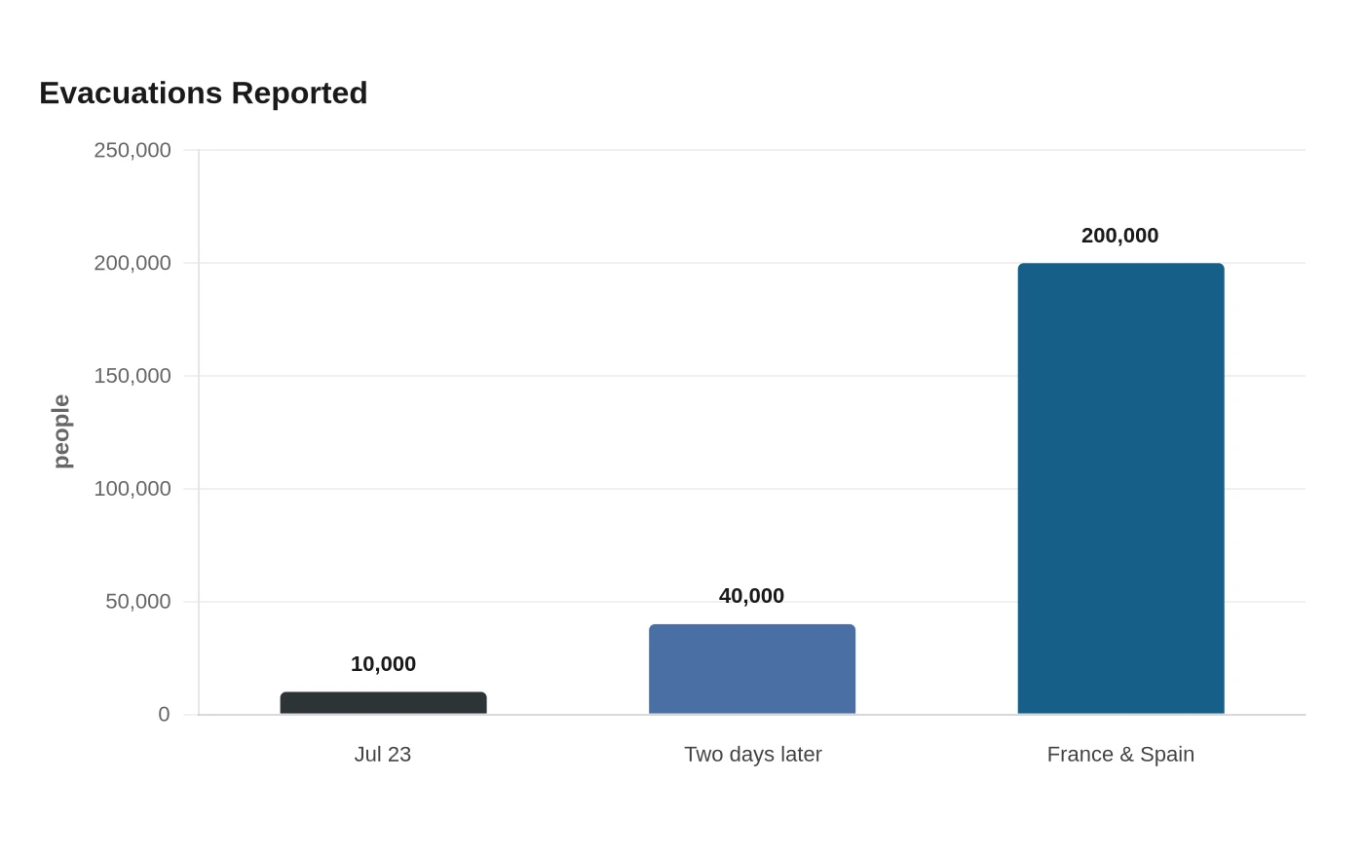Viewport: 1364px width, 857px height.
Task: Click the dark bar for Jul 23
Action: click(x=383, y=702)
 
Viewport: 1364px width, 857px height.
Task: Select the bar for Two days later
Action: click(x=752, y=669)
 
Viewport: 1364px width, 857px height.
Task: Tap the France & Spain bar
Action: click(x=1121, y=488)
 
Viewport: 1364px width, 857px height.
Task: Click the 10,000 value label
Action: click(x=383, y=664)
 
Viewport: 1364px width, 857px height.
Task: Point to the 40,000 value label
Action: click(x=751, y=596)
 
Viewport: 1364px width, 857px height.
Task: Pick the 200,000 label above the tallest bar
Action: click(x=1119, y=236)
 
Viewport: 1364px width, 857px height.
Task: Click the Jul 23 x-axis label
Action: click(x=383, y=754)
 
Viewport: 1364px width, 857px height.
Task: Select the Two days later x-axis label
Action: click(x=752, y=754)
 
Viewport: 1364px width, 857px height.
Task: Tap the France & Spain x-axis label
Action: click(x=1120, y=754)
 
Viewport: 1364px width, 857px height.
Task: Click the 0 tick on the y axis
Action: click(x=164, y=714)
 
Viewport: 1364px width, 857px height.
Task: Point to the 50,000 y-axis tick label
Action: click(x=137, y=602)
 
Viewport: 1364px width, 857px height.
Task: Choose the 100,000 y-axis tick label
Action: click(x=133, y=489)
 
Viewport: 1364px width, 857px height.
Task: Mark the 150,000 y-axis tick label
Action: click(x=133, y=376)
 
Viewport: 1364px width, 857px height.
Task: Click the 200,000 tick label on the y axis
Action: click(x=133, y=263)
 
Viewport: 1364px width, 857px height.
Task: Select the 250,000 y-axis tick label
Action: click(x=133, y=150)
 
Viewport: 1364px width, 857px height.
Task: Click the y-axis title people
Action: click(x=61, y=431)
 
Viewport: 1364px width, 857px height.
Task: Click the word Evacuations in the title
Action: click(x=131, y=93)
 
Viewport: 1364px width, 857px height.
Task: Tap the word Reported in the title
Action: click(x=300, y=94)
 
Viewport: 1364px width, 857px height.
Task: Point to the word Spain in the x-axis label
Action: click(x=1167, y=754)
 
